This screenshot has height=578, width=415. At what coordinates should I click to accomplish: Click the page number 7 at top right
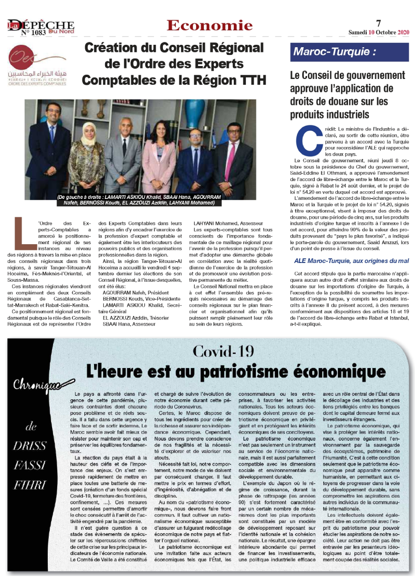tap(378, 23)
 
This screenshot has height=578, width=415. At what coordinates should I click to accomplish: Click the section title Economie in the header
tap(210, 26)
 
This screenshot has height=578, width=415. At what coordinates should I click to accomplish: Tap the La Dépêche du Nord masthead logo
tap(41, 25)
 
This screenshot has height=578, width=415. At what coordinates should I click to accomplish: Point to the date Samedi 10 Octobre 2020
tap(379, 32)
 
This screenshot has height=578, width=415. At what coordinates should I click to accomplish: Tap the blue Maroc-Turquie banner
tap(350, 51)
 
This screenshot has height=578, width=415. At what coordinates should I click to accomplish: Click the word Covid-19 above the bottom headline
tap(223, 351)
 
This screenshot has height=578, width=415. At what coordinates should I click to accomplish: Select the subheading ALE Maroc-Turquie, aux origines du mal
tap(351, 261)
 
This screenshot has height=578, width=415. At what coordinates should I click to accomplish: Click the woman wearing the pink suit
tap(159, 154)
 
